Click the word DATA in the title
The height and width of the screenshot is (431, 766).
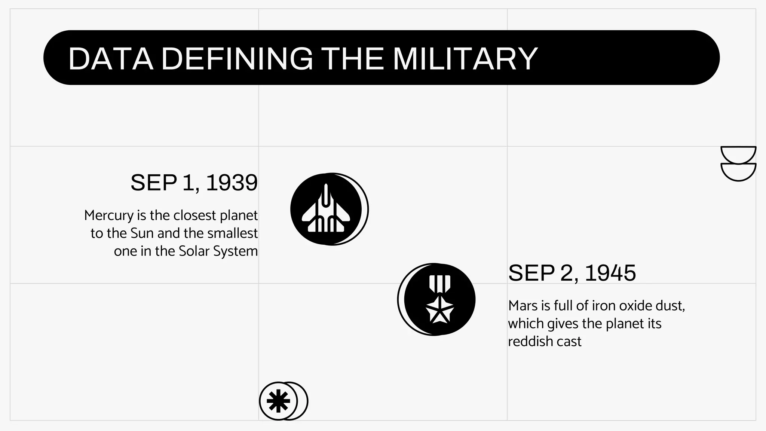111,58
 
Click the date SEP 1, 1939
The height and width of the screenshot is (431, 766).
194,183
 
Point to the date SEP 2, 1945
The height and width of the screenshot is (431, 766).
572,273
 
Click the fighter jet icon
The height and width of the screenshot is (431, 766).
326,210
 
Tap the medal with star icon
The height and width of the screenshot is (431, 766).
439,299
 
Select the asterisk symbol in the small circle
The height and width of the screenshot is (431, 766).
278,401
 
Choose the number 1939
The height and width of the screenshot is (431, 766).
232,183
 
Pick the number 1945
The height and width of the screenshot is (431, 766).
610,273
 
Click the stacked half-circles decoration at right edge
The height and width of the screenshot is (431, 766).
738,163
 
